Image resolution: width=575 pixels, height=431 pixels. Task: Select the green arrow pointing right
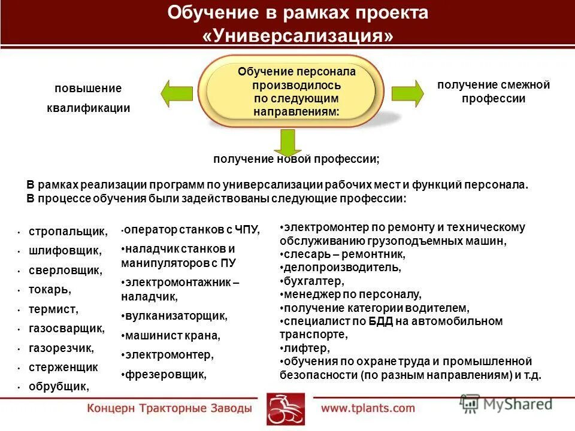[407, 93]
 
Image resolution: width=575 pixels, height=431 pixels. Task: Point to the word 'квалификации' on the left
[88, 108]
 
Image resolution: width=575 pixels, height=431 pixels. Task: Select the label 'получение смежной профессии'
[493, 92]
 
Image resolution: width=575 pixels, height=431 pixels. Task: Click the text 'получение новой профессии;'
[296, 160]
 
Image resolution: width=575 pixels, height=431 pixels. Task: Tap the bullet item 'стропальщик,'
[68, 230]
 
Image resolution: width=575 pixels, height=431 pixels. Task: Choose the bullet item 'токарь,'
[49, 290]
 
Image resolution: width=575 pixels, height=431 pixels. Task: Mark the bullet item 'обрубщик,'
[58, 387]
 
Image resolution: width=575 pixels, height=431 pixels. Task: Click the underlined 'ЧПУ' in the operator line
[248, 229]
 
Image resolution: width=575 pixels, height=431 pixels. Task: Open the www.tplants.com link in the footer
[368, 408]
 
